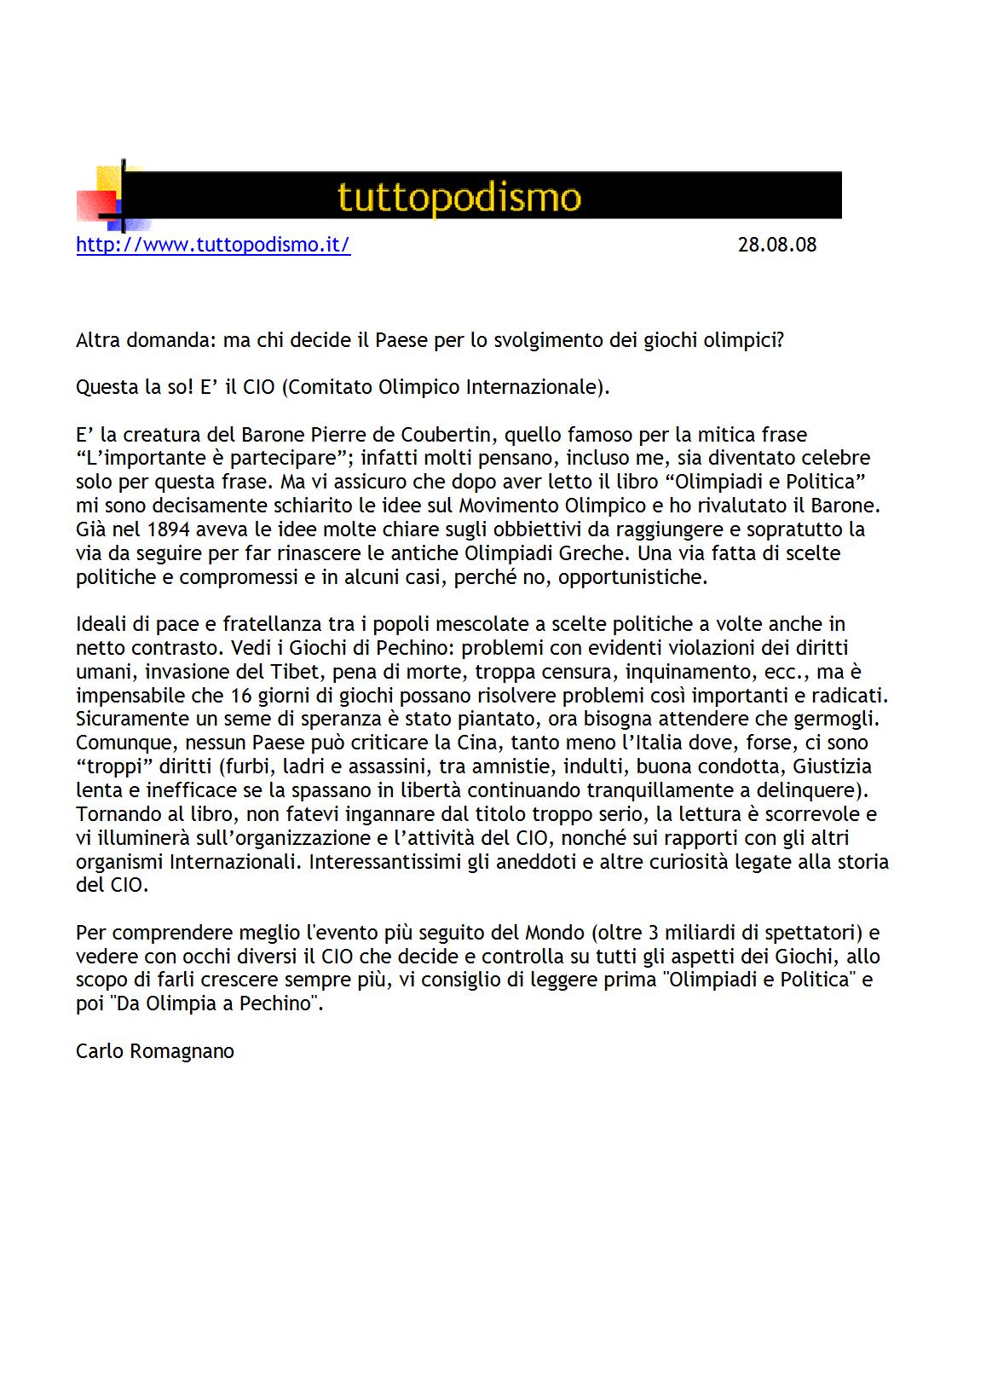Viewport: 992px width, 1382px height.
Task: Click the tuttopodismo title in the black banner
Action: [459, 197]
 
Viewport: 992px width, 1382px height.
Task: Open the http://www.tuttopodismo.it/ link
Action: [213, 245]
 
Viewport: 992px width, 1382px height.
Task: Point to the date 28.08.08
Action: [776, 245]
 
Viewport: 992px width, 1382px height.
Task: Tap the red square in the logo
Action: [95, 205]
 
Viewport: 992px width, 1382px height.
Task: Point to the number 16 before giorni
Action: [239, 696]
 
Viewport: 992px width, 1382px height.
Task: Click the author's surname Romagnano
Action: [182, 1051]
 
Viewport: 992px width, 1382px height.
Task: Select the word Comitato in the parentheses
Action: [329, 387]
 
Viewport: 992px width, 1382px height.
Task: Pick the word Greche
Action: [594, 553]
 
